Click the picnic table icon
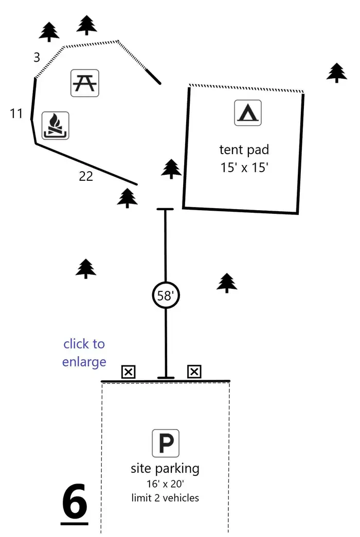point(85,83)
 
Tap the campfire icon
point(55,125)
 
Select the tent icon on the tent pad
point(248,113)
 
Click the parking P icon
point(166,443)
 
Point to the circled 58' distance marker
point(166,295)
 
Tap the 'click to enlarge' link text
point(84,353)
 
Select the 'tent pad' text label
point(244,150)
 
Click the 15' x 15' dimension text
point(244,168)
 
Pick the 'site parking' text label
point(165,469)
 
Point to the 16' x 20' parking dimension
point(165,484)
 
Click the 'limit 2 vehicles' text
point(165,497)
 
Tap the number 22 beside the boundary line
point(86,176)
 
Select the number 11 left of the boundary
point(16,114)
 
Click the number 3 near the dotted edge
point(37,57)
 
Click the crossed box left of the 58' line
point(129,372)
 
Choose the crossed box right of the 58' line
point(194,372)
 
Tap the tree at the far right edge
point(337,72)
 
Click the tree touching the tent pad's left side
point(171,169)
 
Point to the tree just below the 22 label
point(127,198)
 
